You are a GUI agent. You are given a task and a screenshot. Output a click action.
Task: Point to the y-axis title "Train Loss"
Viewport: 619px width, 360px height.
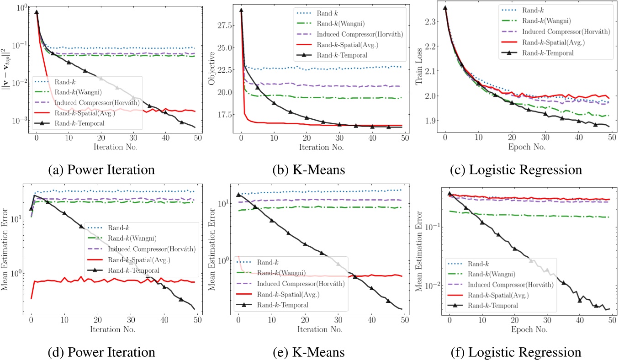pos(419,69)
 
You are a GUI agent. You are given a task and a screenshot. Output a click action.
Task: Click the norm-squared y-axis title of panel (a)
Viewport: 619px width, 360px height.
pos(8,69)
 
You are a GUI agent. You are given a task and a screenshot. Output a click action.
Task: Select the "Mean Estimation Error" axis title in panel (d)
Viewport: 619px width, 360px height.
pos(8,250)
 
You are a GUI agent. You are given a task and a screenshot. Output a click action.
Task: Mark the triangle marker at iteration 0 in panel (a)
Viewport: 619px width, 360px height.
pos(37,12)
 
